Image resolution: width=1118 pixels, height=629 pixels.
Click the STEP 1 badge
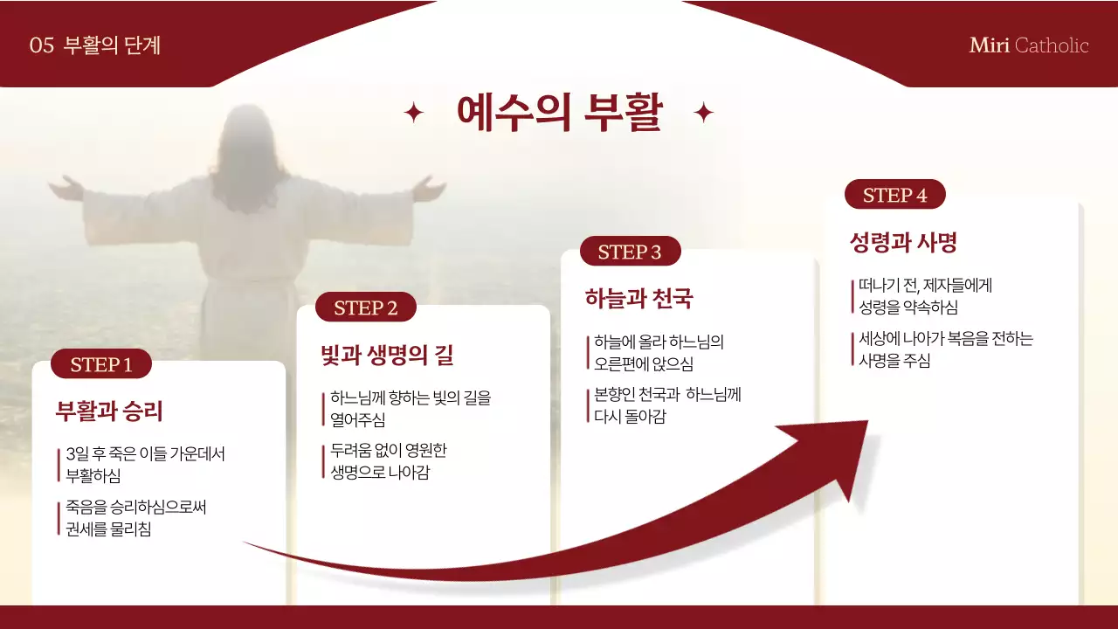(101, 364)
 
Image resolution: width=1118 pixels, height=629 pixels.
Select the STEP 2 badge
(366, 308)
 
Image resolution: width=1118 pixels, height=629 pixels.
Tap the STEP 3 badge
(630, 252)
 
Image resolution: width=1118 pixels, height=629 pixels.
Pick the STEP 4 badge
(894, 195)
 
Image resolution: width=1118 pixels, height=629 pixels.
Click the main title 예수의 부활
(559, 112)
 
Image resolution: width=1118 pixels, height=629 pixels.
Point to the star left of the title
(413, 113)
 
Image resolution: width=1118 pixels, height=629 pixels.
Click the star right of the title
(703, 113)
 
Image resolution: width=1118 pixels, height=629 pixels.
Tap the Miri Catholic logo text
(1029, 45)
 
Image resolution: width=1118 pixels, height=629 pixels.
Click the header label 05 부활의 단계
(94, 45)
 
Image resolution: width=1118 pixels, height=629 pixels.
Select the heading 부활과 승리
(109, 411)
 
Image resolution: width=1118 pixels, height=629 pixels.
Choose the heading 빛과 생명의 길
(387, 356)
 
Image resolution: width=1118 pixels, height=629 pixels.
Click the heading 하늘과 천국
(638, 299)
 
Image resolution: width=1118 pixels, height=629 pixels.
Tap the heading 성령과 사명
(903, 243)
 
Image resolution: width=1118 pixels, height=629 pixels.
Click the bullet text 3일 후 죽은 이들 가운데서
(145, 454)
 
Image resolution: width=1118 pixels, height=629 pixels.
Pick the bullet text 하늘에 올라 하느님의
(659, 342)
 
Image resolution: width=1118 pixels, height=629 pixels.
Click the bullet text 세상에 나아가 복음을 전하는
(945, 339)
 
